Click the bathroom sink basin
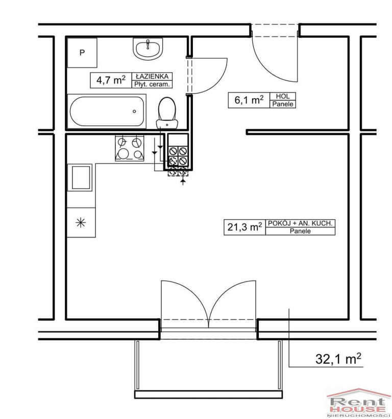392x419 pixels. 148,49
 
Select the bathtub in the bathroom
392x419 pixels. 107,111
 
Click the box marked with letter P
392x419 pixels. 82,53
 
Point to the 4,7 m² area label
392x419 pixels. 111,80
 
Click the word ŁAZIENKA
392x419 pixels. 152,77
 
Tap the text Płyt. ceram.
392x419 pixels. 152,84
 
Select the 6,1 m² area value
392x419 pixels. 249,100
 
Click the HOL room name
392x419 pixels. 283,96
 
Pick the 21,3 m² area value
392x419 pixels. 244,227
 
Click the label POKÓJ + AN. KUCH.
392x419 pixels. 300,223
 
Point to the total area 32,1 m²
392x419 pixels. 338,359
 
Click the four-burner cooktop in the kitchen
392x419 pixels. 130,148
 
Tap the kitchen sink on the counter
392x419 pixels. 80,177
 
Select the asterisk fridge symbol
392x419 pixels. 81,222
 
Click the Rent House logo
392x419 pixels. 359,404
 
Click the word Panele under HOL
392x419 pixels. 283,104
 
